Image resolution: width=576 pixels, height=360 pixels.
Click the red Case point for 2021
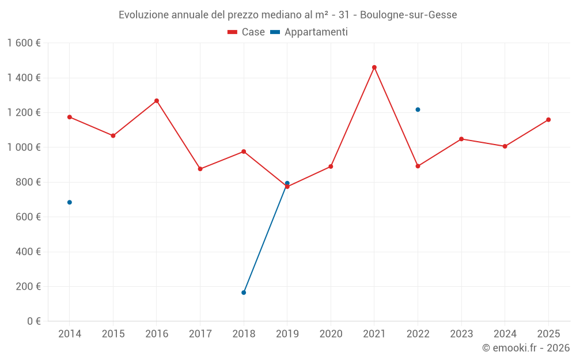click(x=374, y=67)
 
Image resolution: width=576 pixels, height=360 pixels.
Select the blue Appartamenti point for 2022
click(x=418, y=109)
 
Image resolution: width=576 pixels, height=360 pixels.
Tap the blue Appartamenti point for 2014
click(x=70, y=202)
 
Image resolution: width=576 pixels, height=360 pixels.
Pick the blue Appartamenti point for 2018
click(x=244, y=293)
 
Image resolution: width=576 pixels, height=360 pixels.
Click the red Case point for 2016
click(x=157, y=101)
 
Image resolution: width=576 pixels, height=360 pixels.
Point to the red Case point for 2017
click(x=200, y=169)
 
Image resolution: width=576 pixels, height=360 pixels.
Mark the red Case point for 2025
click(x=548, y=120)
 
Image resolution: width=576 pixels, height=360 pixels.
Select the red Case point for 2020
click(x=331, y=166)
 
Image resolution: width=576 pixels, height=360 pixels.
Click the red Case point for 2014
click(x=70, y=117)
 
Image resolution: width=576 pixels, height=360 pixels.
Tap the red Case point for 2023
click(x=461, y=139)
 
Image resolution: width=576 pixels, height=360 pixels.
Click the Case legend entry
click(x=247, y=32)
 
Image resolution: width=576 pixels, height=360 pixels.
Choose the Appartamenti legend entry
click(x=309, y=32)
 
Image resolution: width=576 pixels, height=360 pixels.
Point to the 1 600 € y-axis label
click(x=24, y=43)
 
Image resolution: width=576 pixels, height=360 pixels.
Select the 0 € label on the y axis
click(x=33, y=321)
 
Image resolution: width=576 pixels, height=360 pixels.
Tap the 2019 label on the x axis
click(x=287, y=334)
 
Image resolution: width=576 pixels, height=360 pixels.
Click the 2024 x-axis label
click(x=505, y=334)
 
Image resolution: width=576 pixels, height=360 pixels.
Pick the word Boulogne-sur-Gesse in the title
click(x=408, y=15)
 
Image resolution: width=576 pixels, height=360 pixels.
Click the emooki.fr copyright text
click(x=526, y=348)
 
